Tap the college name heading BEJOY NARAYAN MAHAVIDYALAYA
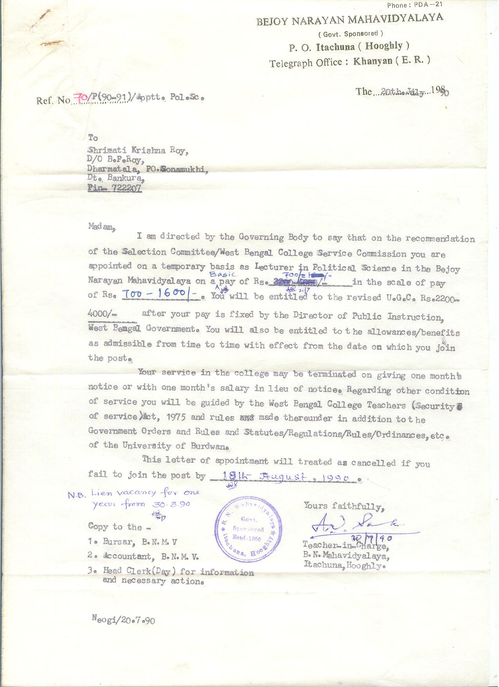pyautogui.click(x=349, y=20)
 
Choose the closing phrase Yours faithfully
pyautogui.click(x=344, y=507)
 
